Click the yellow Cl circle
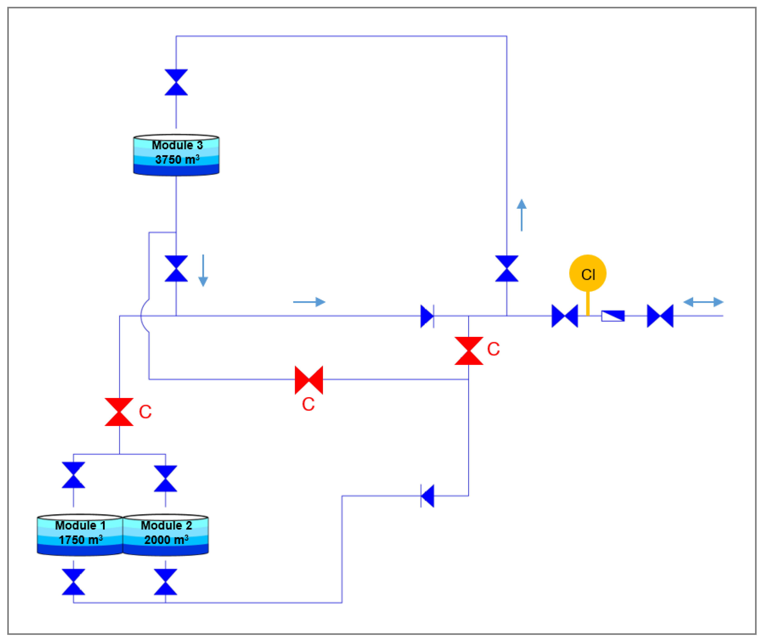[588, 273]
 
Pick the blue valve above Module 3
[176, 82]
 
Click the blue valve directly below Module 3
[176, 269]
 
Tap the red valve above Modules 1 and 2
[119, 412]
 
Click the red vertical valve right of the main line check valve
[469, 351]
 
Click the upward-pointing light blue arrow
[522, 215]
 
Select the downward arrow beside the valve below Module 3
[203, 270]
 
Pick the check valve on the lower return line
[427, 496]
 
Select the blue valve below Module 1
[74, 582]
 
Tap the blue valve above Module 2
[166, 478]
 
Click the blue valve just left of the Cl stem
[565, 316]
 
